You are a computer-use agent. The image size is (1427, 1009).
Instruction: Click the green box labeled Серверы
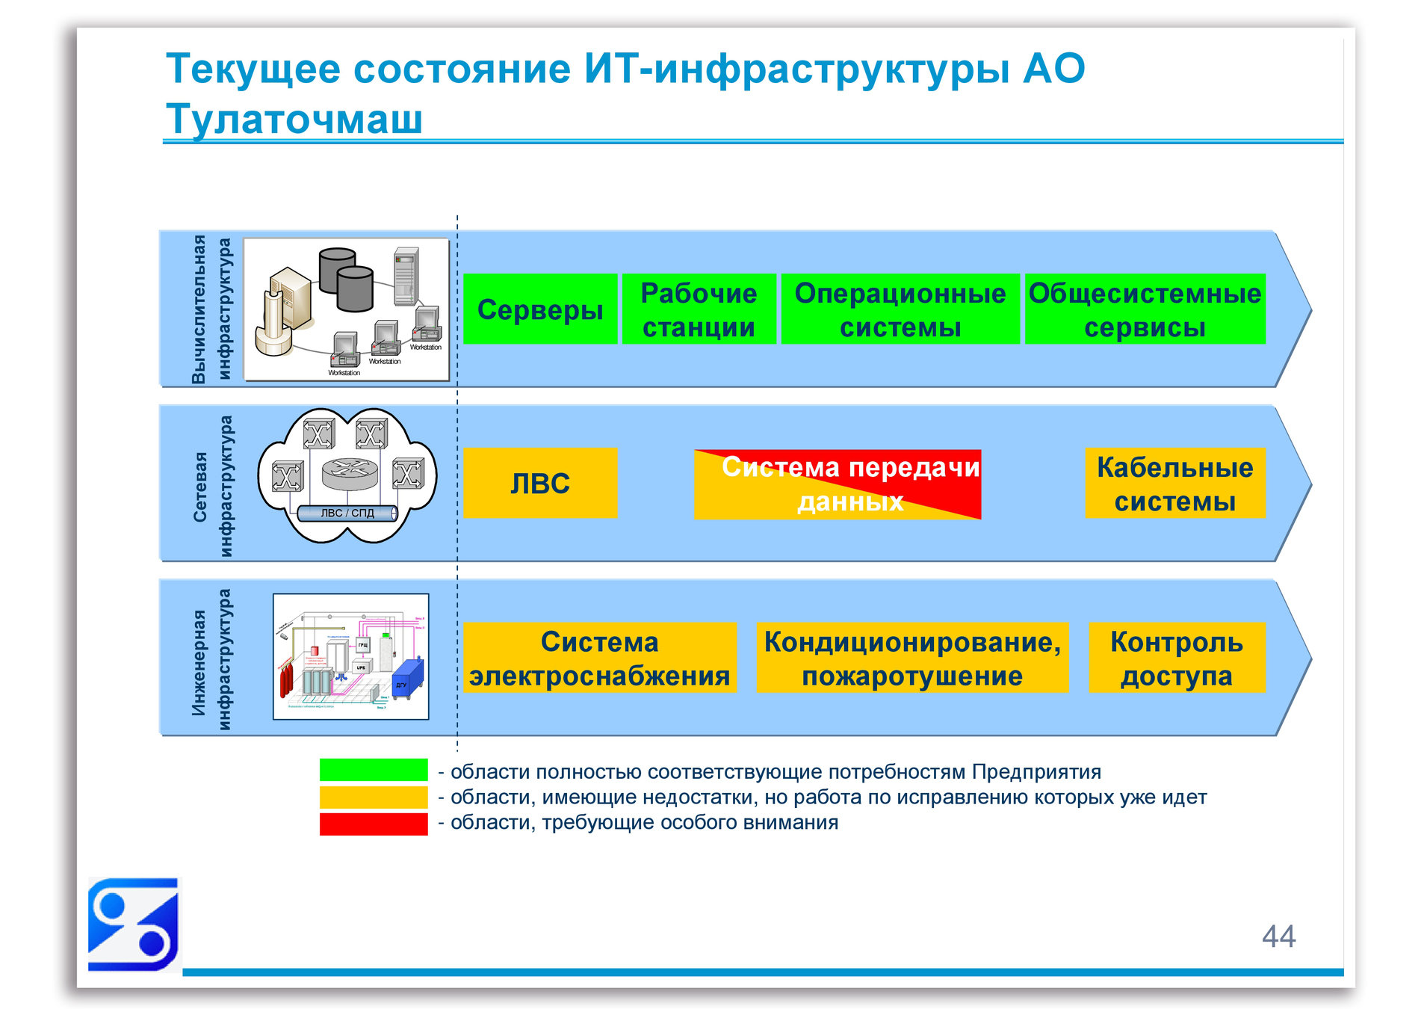[x=539, y=309]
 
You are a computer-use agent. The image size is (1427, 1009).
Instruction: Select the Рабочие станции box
[x=699, y=309]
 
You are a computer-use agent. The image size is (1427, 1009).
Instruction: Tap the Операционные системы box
[x=900, y=309]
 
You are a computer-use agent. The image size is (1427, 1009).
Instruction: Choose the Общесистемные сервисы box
[x=1145, y=309]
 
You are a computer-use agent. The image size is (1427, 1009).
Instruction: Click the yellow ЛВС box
[x=539, y=483]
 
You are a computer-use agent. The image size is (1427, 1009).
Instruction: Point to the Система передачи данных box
[x=837, y=484]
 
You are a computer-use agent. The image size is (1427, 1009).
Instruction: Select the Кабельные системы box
[x=1174, y=483]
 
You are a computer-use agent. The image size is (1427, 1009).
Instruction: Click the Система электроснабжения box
[x=599, y=658]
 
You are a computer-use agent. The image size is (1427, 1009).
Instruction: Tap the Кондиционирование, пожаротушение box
[x=911, y=658]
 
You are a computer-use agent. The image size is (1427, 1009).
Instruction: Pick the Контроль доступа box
[x=1176, y=658]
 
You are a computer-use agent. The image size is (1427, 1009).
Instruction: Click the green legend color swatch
[x=373, y=770]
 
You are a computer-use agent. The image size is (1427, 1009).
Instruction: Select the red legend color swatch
[x=373, y=824]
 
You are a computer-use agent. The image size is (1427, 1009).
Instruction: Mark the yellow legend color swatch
[x=373, y=797]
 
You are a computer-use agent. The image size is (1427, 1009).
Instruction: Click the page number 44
[x=1278, y=936]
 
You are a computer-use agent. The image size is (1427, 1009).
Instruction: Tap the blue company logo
[x=133, y=924]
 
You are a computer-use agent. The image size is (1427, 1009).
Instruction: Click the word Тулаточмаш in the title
[x=294, y=118]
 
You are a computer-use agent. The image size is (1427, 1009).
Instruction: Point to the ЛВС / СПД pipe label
[x=347, y=513]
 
